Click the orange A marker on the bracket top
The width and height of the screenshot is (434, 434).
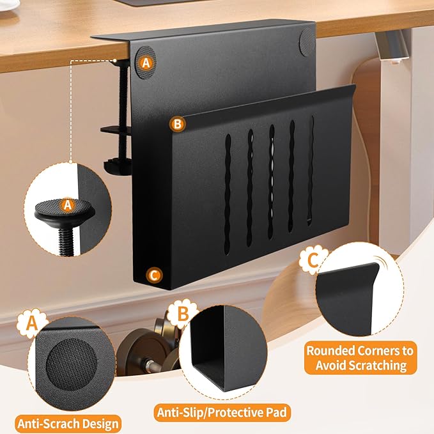[146, 63]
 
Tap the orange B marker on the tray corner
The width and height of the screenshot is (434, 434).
[178, 123]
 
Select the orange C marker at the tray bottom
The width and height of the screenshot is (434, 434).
[153, 275]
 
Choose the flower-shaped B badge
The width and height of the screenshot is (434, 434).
[182, 314]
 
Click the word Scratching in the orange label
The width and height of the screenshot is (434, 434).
[360, 366]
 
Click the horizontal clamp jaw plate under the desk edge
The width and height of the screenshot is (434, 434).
[116, 130]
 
